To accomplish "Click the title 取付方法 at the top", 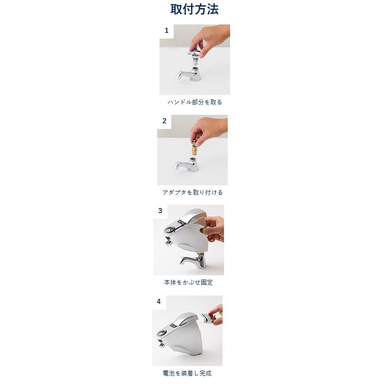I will coord(194,9).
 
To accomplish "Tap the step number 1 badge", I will coord(166,31).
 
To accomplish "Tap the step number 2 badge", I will coord(164,121).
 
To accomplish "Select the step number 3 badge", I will coord(160,211).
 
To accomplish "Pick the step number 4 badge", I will coord(159,302).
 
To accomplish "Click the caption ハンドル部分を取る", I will coord(194,102).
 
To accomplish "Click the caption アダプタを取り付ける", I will coord(192,192).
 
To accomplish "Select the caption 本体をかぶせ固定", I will coord(188,282).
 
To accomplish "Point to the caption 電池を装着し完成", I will coord(187,373).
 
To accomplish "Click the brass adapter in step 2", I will coord(194,151).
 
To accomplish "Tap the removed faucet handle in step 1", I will coord(194,56).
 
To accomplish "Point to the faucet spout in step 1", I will coord(184,75).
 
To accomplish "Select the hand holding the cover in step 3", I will coord(214,228).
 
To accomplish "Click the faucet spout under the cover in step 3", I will coord(191,261).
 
